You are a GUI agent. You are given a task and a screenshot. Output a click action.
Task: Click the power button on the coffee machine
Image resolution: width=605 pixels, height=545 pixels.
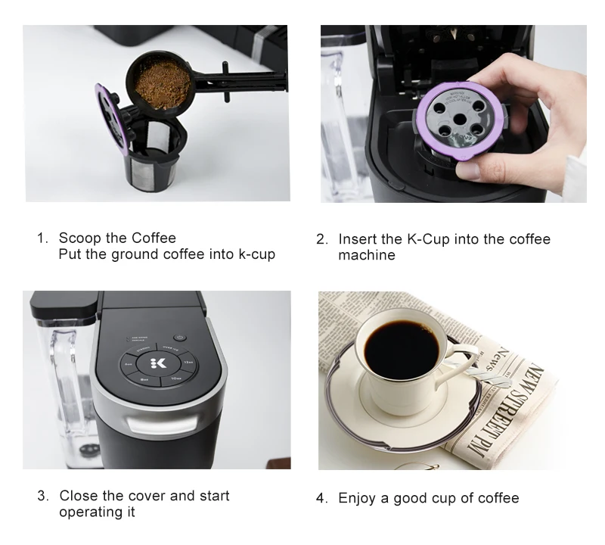click(x=179, y=338)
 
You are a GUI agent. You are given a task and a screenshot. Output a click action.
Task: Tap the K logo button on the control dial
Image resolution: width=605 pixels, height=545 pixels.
click(x=158, y=361)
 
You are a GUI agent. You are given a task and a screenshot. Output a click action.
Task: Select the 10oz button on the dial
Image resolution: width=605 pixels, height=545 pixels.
click(x=175, y=376)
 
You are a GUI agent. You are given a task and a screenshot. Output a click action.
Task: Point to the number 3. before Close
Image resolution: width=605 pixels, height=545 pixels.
click(x=43, y=497)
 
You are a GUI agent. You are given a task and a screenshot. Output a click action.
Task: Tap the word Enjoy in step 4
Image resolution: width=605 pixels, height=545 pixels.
click(x=357, y=498)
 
